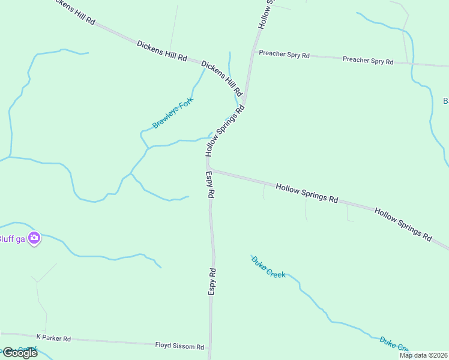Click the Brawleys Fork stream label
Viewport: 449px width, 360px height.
point(173,112)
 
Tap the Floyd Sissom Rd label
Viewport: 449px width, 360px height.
point(180,347)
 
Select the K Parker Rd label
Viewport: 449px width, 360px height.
point(53,338)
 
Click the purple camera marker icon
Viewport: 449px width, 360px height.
point(34,238)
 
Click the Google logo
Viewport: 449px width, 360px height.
point(19,352)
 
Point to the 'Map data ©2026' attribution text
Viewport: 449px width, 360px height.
point(423,355)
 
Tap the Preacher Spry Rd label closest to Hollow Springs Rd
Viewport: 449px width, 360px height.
point(284,55)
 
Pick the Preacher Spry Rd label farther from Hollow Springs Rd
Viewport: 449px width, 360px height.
point(368,61)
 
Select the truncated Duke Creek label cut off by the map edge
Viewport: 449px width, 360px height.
point(394,344)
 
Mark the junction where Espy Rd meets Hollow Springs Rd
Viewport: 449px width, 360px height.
point(208,168)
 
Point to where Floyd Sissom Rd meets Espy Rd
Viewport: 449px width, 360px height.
point(210,346)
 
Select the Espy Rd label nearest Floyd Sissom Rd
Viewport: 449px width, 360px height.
point(212,281)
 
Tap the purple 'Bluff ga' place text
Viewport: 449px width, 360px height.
point(12,238)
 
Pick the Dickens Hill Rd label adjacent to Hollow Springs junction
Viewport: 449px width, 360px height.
point(221,78)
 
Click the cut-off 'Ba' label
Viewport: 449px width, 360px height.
point(445,101)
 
